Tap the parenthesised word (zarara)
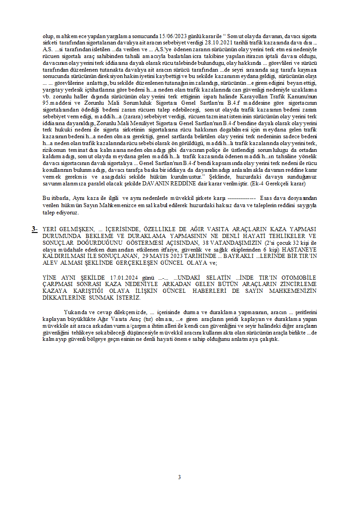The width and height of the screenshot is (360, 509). point(131,117)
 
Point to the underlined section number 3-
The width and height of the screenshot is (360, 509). point(34,229)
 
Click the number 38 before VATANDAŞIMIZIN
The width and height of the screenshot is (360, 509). point(207,242)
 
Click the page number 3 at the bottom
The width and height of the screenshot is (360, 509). point(180,477)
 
